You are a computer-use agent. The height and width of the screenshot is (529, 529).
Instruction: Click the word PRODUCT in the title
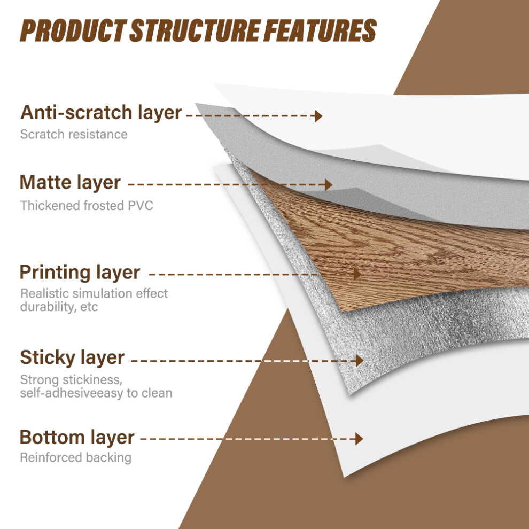(x=73, y=30)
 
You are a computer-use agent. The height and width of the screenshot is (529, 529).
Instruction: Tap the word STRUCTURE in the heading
(x=195, y=30)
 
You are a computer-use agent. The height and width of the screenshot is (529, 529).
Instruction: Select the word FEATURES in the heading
(x=320, y=30)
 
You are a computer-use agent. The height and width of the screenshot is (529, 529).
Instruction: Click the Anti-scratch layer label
(x=101, y=113)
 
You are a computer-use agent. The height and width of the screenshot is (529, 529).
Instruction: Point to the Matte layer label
(x=70, y=183)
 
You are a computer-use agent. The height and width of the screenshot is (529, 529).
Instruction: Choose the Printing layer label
(x=80, y=273)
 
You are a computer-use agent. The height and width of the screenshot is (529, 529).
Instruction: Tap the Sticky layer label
(x=72, y=357)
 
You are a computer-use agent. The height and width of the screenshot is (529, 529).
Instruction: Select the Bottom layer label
(x=77, y=438)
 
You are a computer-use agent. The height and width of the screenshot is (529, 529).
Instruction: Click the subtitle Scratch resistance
(x=74, y=134)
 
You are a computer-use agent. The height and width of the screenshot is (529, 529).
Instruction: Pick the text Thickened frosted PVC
(x=87, y=206)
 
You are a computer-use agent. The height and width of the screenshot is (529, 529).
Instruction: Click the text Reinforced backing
(x=75, y=457)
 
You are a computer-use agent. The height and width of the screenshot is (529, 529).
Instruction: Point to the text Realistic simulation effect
(x=94, y=293)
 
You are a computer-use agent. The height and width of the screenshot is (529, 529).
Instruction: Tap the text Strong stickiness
(x=71, y=380)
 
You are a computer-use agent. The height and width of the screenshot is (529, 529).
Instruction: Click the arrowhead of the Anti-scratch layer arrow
(x=318, y=116)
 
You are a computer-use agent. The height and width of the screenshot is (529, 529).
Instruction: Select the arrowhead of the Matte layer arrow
(x=329, y=184)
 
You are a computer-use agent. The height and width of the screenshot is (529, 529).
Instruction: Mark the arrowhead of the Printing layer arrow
(x=357, y=274)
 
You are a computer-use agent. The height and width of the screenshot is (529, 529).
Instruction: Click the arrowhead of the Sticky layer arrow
(x=360, y=361)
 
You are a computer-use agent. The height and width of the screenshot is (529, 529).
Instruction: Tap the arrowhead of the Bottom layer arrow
(x=359, y=439)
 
